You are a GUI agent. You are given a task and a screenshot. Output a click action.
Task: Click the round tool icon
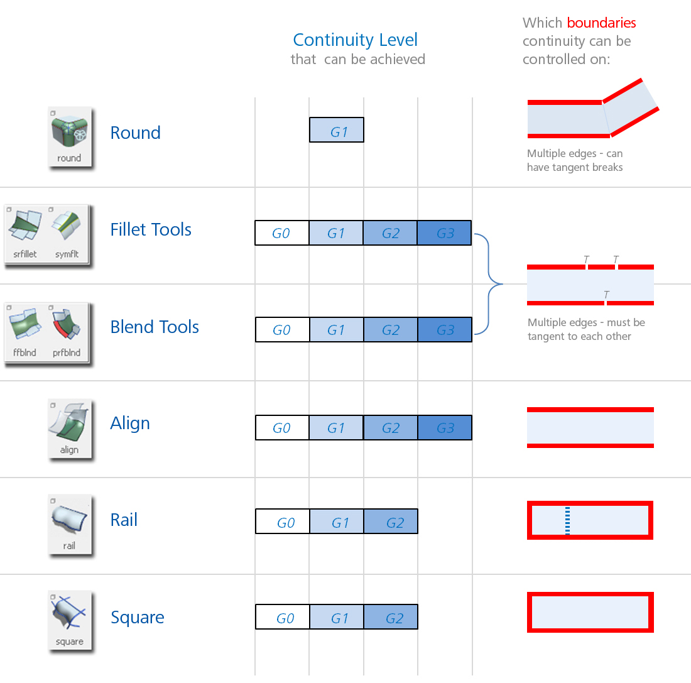(70, 138)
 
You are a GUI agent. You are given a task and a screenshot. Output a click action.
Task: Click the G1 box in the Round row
(337, 130)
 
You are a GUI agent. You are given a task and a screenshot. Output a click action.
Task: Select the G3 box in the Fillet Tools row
(444, 233)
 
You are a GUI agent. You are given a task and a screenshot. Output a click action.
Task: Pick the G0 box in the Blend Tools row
(282, 330)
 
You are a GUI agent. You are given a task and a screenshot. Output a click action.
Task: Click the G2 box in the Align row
(390, 428)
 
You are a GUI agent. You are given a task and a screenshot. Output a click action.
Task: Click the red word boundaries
(601, 23)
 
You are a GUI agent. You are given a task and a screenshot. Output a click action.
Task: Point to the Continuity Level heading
(355, 40)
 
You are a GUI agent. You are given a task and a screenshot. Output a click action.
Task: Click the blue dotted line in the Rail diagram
(568, 520)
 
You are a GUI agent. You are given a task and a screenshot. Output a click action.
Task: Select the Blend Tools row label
(155, 327)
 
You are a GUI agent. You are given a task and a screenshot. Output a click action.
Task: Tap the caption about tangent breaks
(575, 160)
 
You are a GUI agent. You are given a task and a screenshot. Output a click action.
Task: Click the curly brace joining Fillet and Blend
(490, 284)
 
